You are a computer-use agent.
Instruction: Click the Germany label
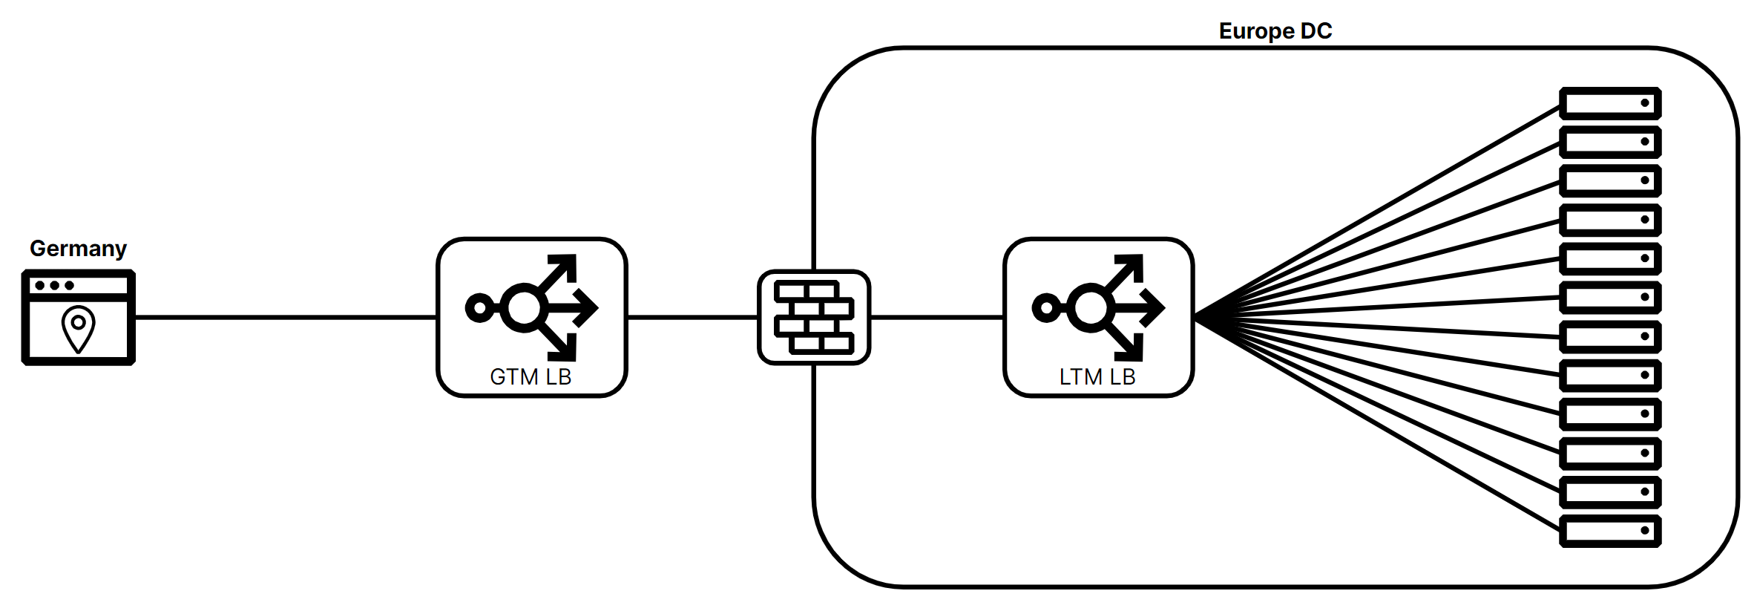click(78, 248)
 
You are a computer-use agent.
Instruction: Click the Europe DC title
click(1275, 30)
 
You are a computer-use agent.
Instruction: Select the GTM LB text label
click(531, 376)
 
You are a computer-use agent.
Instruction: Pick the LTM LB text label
click(1097, 376)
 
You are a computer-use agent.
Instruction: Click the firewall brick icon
click(814, 317)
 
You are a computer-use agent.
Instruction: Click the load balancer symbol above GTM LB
click(531, 307)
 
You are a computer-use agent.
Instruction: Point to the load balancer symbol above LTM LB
click(1098, 307)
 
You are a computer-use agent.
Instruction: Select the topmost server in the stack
click(1610, 103)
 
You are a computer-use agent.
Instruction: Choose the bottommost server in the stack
click(1610, 531)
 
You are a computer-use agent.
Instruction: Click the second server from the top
click(1610, 142)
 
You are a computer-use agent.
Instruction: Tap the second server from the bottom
click(1610, 491)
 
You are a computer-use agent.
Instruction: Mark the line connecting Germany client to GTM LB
click(286, 317)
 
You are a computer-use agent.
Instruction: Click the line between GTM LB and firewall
click(692, 317)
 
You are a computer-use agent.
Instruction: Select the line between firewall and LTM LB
click(936, 317)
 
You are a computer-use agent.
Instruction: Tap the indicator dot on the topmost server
click(1644, 103)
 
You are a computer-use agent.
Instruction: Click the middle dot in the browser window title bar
click(54, 285)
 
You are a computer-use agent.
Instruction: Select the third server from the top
click(1610, 180)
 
